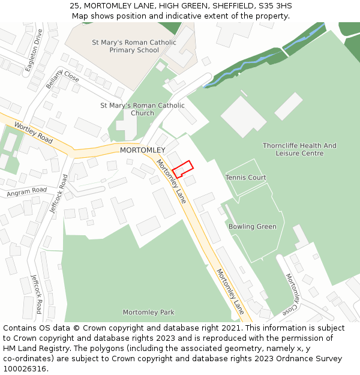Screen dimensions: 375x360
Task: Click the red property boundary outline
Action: pyautogui.click(x=183, y=169)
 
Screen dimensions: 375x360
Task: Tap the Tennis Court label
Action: pyautogui.click(x=245, y=178)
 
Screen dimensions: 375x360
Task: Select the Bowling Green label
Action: pyautogui.click(x=252, y=227)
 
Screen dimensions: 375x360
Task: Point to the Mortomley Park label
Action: pyautogui.click(x=148, y=313)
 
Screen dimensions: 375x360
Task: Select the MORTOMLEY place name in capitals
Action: pyautogui.click(x=142, y=150)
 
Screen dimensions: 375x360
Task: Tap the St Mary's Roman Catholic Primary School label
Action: pyautogui.click(x=134, y=46)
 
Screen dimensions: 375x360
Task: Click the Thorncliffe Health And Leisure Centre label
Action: pyautogui.click(x=299, y=149)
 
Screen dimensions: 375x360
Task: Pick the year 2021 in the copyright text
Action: pyautogui.click(x=230, y=328)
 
